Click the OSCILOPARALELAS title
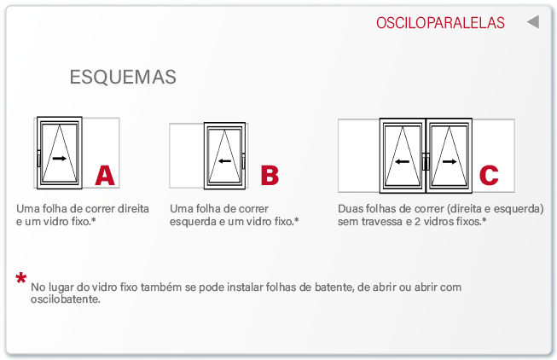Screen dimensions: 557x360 (x=440, y=23)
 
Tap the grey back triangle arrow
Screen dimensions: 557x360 (x=533, y=22)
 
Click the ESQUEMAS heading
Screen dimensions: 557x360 (x=123, y=77)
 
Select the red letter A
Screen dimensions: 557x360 (x=105, y=175)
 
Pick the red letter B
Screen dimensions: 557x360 (x=270, y=175)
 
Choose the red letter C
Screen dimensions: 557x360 (x=489, y=175)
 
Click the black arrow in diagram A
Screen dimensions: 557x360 (x=60, y=159)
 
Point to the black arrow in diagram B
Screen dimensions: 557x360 (x=225, y=161)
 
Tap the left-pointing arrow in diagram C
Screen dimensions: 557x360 (x=402, y=162)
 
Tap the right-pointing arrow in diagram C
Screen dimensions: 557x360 (x=450, y=162)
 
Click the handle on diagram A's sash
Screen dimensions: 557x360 (x=38, y=159)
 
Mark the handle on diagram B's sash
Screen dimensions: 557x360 (x=243, y=161)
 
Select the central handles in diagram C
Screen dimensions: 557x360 (x=426, y=162)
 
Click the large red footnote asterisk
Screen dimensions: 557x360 (x=21, y=278)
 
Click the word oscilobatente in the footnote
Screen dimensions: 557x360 (x=66, y=299)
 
